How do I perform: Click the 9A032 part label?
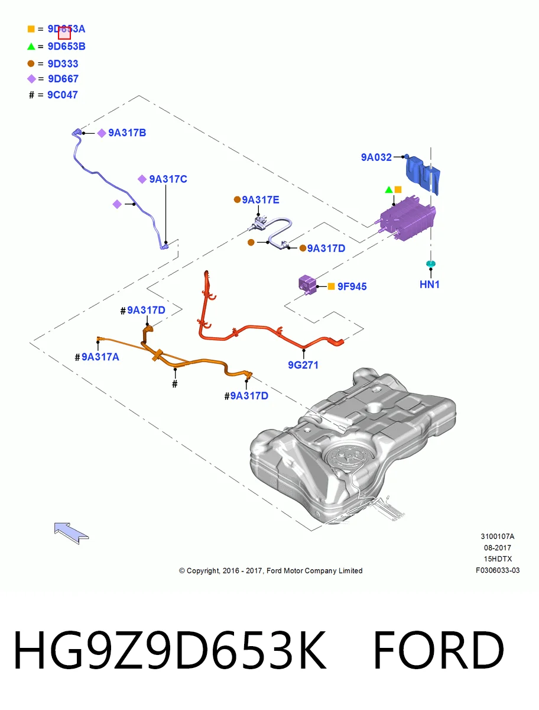click(x=376, y=157)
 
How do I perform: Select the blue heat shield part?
click(x=423, y=175)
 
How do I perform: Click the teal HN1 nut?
click(x=430, y=264)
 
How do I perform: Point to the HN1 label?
click(x=429, y=285)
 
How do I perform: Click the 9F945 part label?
click(x=352, y=286)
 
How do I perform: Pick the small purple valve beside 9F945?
click(x=307, y=285)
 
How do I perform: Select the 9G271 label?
click(x=303, y=365)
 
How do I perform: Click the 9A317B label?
click(x=127, y=133)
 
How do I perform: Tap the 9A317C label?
click(x=168, y=179)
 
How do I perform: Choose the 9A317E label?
click(x=260, y=199)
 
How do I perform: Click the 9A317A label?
click(x=100, y=357)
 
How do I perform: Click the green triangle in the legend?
click(x=31, y=46)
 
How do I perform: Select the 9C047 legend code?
click(x=62, y=95)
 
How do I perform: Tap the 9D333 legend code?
click(x=63, y=64)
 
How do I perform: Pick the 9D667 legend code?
click(x=63, y=79)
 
